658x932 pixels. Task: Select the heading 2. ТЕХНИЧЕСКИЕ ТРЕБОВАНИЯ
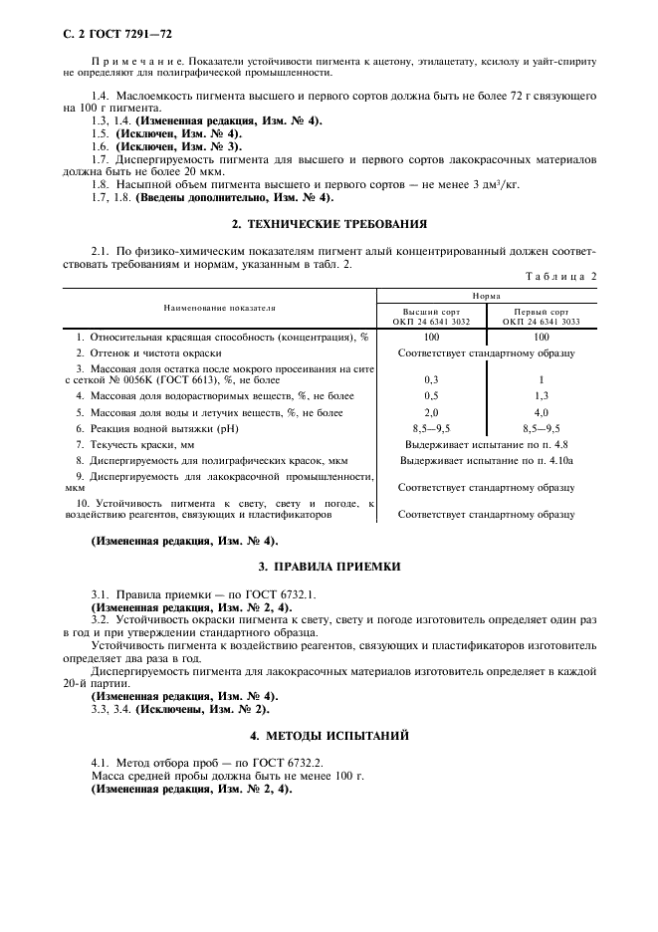pyautogui.click(x=329, y=224)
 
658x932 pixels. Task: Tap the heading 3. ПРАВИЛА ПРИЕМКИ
pyautogui.click(x=329, y=566)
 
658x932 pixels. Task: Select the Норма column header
pyautogui.click(x=487, y=296)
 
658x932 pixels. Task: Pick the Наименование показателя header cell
pyautogui.click(x=220, y=309)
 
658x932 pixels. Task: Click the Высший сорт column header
pyautogui.click(x=431, y=311)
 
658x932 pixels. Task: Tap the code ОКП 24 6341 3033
pyautogui.click(x=542, y=322)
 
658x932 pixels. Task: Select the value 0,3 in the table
pyautogui.click(x=431, y=379)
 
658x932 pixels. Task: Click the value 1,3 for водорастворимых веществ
pyautogui.click(x=542, y=395)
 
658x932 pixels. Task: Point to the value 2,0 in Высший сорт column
pyautogui.click(x=431, y=411)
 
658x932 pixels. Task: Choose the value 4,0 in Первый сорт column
pyautogui.click(x=542, y=411)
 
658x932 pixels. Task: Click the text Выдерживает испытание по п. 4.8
pyautogui.click(x=486, y=444)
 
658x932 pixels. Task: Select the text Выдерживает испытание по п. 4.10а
pyautogui.click(x=486, y=460)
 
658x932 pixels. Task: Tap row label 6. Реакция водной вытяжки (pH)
pyautogui.click(x=159, y=428)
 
